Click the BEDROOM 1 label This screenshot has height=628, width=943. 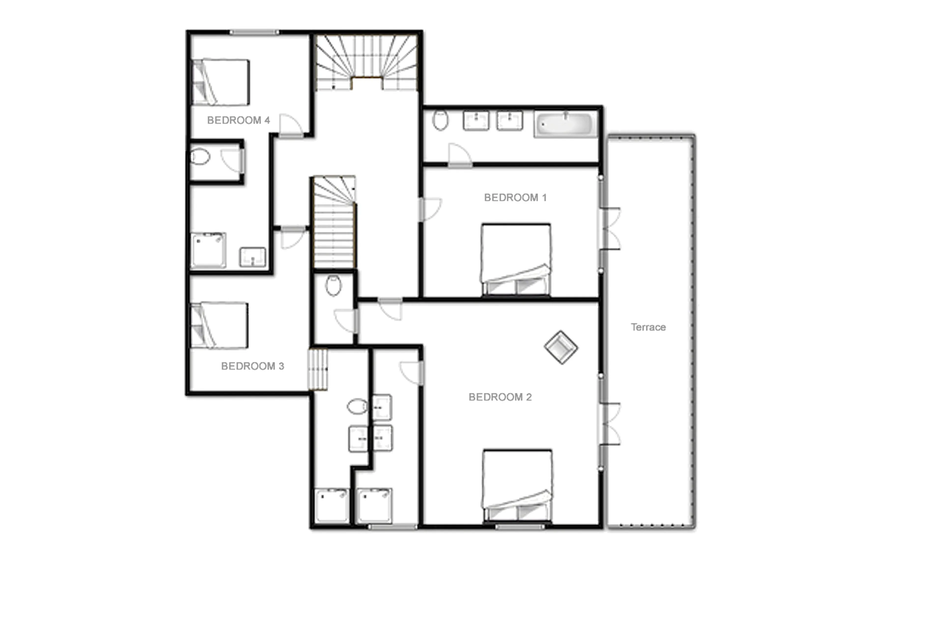coord(515,198)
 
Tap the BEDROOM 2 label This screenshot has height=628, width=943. coord(500,397)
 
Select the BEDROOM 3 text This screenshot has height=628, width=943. coord(252,366)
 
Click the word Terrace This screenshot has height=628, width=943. coord(648,327)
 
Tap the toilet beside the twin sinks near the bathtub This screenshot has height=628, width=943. coord(440,120)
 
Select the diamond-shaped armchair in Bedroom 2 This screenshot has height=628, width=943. coord(561,347)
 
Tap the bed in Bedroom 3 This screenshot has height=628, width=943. coord(219,325)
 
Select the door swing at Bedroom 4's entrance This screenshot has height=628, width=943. coord(290,125)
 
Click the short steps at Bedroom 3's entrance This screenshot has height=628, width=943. coord(318,369)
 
